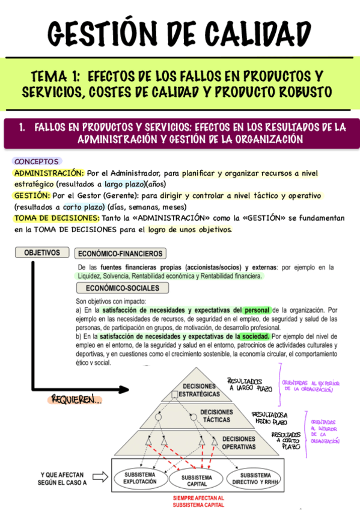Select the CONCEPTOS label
[37, 162]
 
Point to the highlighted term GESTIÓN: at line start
[31, 195]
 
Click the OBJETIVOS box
[42, 253]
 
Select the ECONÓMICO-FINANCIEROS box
[120, 254]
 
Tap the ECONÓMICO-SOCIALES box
[114, 288]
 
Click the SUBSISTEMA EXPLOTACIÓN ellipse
[140, 478]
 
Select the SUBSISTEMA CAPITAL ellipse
[197, 481]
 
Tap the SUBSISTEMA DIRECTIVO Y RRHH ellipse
[256, 478]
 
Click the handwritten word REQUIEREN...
[76, 400]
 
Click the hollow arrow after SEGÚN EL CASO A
[101, 478]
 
